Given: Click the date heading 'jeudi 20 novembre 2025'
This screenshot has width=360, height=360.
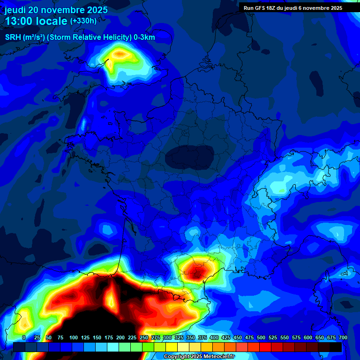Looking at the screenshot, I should pyautogui.click(x=56, y=10).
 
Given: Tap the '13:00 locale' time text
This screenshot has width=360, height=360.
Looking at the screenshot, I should pyautogui.click(x=36, y=21).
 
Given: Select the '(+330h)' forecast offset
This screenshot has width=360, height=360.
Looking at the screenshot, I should pyautogui.click(x=83, y=21).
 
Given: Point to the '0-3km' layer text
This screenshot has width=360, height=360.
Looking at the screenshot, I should pyautogui.click(x=144, y=37).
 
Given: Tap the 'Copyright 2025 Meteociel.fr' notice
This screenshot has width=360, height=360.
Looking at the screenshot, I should pyautogui.click(x=198, y=357).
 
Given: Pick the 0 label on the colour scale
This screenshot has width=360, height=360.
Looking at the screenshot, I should pyautogui.click(x=24, y=337).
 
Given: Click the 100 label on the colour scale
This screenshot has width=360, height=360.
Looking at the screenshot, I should pyautogui.click(x=74, y=337).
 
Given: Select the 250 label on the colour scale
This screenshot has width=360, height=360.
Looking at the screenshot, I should pyautogui.click(x=144, y=337).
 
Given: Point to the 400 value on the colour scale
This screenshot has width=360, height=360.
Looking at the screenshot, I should pyautogui.click(x=214, y=337).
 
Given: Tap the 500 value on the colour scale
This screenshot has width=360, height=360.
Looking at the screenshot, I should pyautogui.click(x=261, y=337).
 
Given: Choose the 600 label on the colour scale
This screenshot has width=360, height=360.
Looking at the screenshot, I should pyautogui.click(x=308, y=337).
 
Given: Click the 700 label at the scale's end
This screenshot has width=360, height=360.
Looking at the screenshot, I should pyautogui.click(x=343, y=337).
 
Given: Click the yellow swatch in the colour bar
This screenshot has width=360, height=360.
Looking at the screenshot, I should pyautogui.click(x=172, y=347).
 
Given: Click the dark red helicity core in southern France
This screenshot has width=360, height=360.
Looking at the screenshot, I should pyautogui.click(x=197, y=271).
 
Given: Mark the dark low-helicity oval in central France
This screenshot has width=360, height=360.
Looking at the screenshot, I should pyautogui.click(x=190, y=156).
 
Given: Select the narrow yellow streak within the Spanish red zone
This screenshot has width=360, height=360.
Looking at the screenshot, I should pyautogui.click(x=112, y=298).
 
